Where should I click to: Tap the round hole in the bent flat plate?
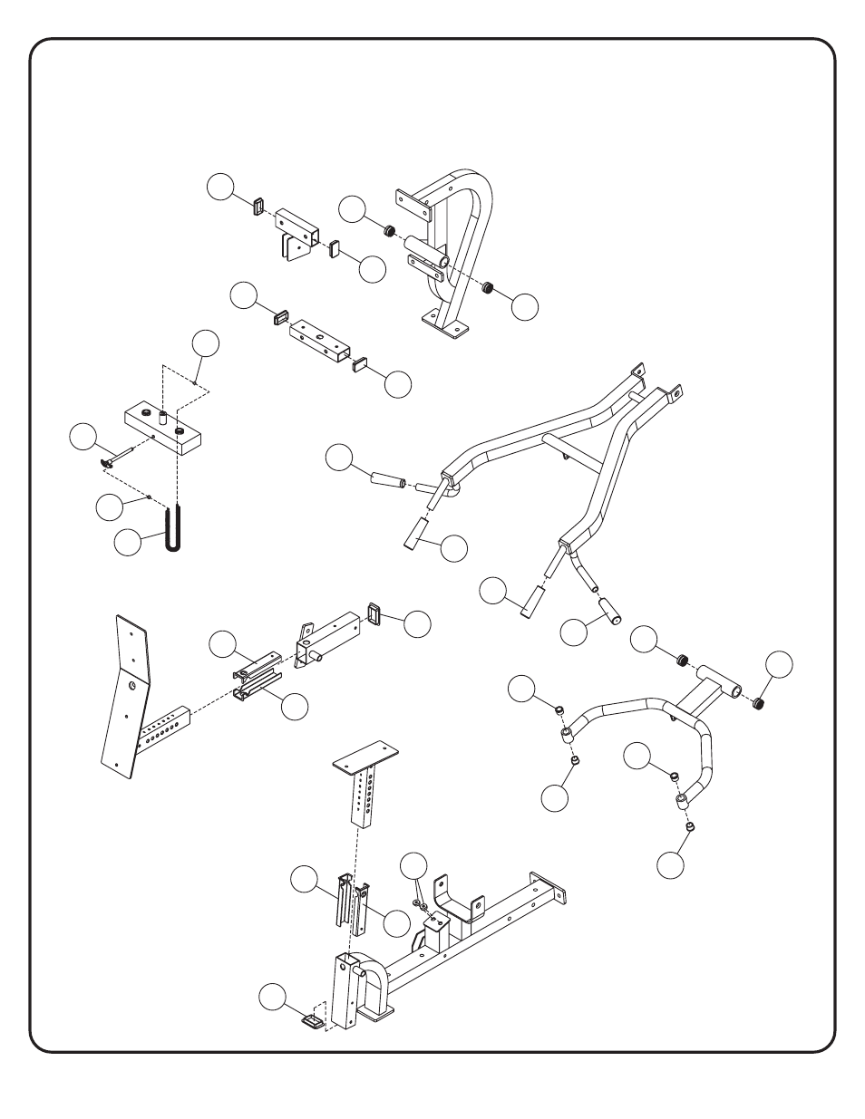pyautogui.click(x=133, y=688)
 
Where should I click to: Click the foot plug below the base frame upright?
pyautogui.click(x=311, y=1021)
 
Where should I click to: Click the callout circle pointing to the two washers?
pyautogui.click(x=413, y=865)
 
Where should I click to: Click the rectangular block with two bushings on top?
pyautogui.click(x=163, y=431)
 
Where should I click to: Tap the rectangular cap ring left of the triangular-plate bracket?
pyautogui.click(x=257, y=206)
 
